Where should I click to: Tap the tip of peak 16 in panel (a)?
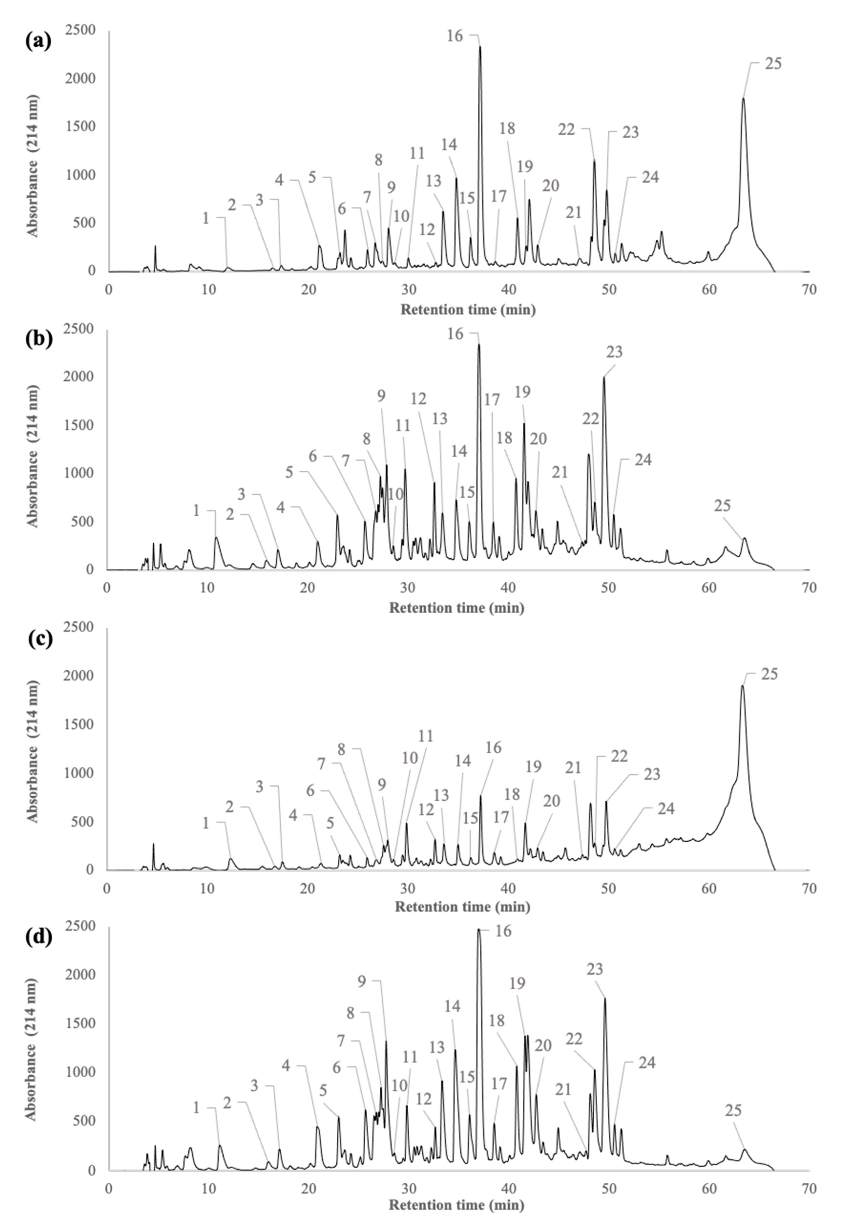pos(480,47)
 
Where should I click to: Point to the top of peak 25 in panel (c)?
pos(742,686)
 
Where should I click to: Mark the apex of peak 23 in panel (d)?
pos(605,999)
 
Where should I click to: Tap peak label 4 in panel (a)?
pos(279,180)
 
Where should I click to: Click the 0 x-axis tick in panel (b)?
pos(108,588)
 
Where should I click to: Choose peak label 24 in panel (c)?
pos(666,808)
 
